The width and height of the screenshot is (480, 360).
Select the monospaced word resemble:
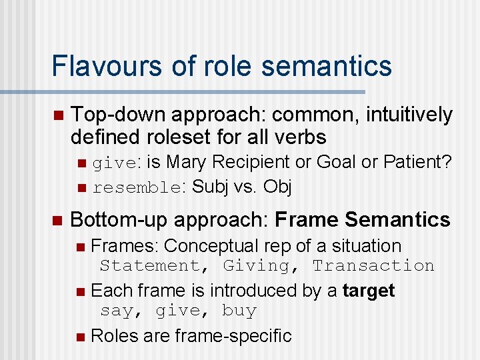click(x=138, y=188)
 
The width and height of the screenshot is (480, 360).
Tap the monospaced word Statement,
click(x=150, y=266)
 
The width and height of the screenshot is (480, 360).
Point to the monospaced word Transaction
click(x=373, y=266)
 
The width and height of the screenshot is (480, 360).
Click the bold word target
click(x=369, y=291)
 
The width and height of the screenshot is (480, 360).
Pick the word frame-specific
click(x=233, y=335)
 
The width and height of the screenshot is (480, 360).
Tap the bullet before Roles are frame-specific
click(x=81, y=336)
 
